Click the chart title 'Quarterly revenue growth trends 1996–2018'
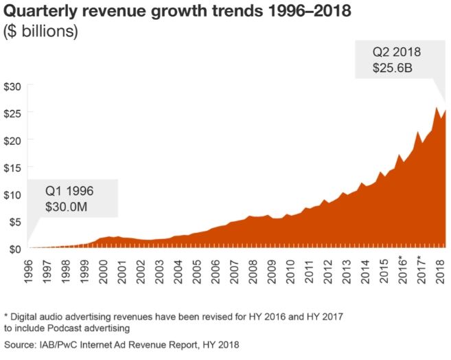coord(177,12)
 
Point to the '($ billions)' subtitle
coord(41,32)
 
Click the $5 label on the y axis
coord(15,221)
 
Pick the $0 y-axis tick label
coord(15,249)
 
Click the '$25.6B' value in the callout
coord(392,68)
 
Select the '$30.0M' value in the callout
coord(69,205)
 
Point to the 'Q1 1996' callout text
coord(69,190)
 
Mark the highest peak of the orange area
coord(437,107)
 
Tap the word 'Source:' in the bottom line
coord(21,345)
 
